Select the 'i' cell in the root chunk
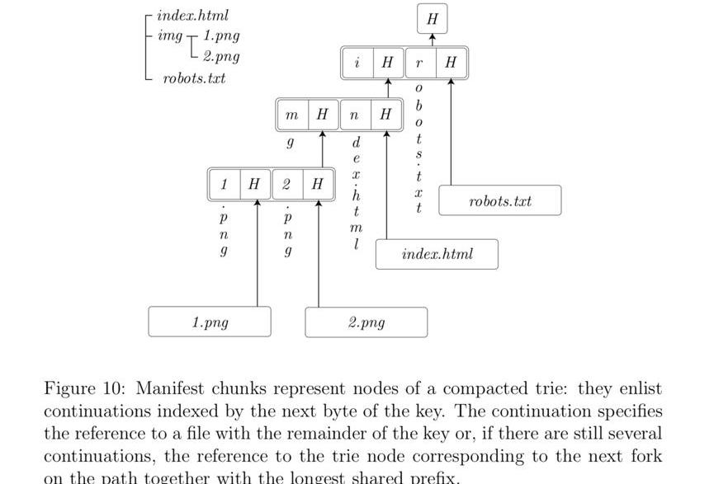pyautogui.click(x=357, y=63)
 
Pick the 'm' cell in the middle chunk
pyautogui.click(x=291, y=116)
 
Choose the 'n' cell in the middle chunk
pyautogui.click(x=354, y=116)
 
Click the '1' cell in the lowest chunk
pyautogui.click(x=225, y=184)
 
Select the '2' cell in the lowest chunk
pyautogui.click(x=286, y=184)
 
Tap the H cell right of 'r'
pyautogui.click(x=451, y=63)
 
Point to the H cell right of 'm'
pyautogui.click(x=322, y=116)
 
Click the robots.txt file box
pyautogui.click(x=499, y=201)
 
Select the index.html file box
pyautogui.click(x=437, y=254)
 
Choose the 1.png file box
pyautogui.click(x=210, y=322)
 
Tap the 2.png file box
pyautogui.click(x=366, y=322)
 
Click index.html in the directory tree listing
pyautogui.click(x=192, y=16)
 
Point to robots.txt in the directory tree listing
pyautogui.click(x=194, y=78)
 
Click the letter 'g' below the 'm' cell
pyautogui.click(x=290, y=143)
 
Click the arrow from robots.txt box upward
pyautogui.click(x=452, y=132)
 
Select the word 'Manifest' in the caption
pyautogui.click(x=171, y=388)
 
